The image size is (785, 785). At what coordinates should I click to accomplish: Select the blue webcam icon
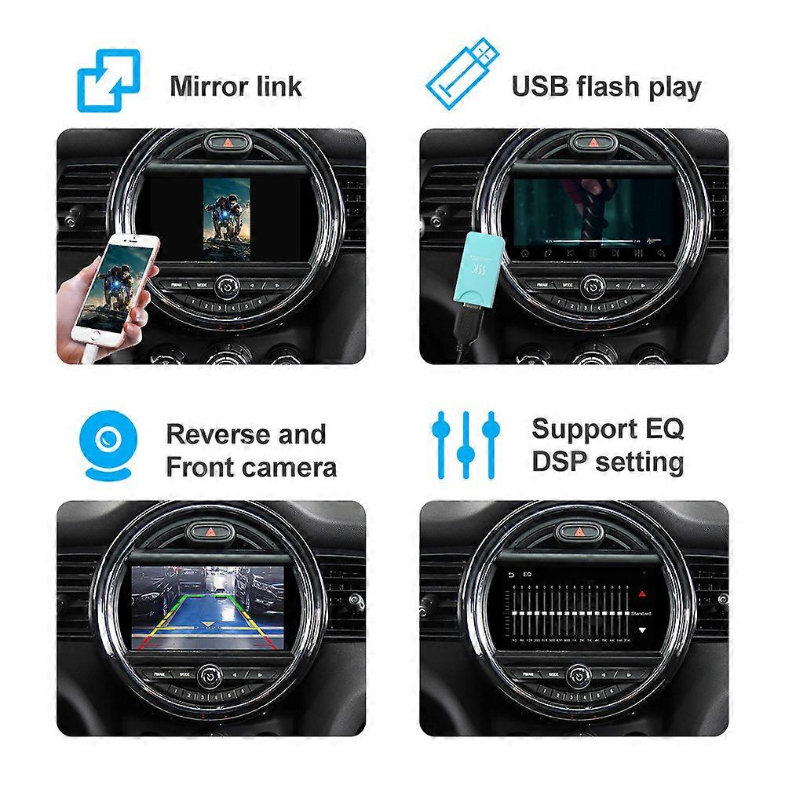(x=109, y=448)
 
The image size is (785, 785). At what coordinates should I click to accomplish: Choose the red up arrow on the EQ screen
(x=642, y=595)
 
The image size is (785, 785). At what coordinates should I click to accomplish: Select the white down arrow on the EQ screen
(x=642, y=630)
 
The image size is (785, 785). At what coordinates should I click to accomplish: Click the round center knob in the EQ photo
(x=579, y=673)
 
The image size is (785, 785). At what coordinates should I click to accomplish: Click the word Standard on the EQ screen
(x=641, y=612)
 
